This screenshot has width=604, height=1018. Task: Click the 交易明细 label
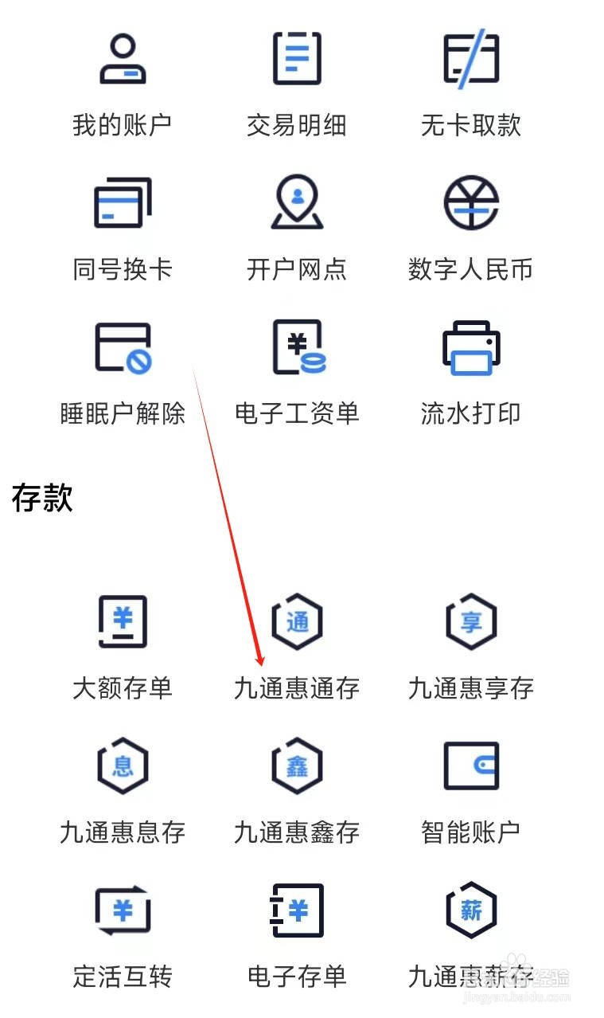coord(296,126)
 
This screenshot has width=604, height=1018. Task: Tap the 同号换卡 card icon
coord(123,202)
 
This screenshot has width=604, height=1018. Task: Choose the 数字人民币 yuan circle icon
coord(470,202)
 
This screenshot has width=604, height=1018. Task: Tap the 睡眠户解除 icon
coord(123,347)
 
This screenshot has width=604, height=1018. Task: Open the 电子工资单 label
coord(296,413)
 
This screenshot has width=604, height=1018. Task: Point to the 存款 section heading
coord(43,498)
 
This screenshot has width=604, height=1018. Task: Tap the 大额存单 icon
coord(123,621)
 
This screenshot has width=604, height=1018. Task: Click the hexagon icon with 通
coord(297,621)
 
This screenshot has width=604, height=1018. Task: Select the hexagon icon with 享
coord(470,621)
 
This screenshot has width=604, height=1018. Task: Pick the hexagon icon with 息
coord(123,765)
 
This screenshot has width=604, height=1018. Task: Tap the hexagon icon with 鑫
coord(297,765)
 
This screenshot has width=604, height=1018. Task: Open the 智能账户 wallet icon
coord(470,765)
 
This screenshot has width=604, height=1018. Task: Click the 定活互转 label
coord(123,977)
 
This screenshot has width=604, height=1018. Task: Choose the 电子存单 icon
coord(297,910)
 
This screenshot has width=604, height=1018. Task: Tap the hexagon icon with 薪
coord(470,910)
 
